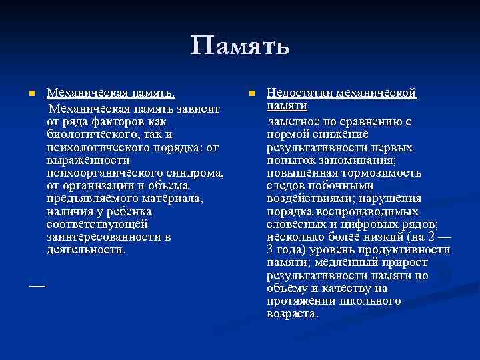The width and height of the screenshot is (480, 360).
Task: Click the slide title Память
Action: click(x=240, y=47)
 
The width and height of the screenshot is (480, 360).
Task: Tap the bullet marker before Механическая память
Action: click(x=31, y=93)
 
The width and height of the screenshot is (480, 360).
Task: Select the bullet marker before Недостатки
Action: click(x=251, y=93)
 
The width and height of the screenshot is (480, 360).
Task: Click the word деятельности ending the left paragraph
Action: click(x=85, y=249)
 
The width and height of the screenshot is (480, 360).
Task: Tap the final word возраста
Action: click(x=292, y=313)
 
